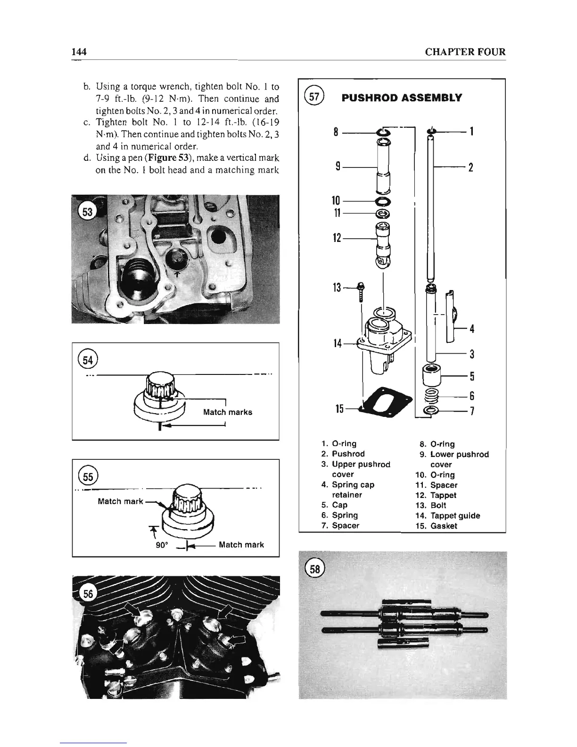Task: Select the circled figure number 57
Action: point(313,98)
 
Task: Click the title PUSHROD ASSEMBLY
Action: point(402,98)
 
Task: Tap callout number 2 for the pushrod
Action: point(470,167)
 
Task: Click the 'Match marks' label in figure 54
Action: point(227,412)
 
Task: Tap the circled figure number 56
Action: point(88,595)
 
